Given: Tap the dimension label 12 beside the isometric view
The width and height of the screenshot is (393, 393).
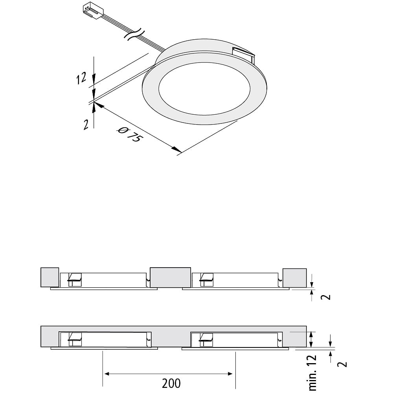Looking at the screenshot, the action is (x=81, y=78).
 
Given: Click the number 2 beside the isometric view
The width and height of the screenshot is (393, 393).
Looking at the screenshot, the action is (x=86, y=125).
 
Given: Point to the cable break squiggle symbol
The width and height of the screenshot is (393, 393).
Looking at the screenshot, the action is (x=134, y=34).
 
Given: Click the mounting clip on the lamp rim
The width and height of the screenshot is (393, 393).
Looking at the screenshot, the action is (x=243, y=55).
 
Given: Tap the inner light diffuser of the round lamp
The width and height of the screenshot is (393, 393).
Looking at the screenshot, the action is (x=204, y=88).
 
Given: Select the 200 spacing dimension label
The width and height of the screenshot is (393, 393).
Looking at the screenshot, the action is (x=171, y=383).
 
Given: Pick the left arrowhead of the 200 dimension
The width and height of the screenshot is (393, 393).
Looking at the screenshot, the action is (x=107, y=374).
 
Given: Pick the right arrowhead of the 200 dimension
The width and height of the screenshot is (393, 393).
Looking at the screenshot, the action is (x=230, y=374).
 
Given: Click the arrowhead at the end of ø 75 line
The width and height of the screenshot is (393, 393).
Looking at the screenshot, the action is (x=176, y=149).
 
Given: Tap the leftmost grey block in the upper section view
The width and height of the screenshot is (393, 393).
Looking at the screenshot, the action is (x=50, y=277).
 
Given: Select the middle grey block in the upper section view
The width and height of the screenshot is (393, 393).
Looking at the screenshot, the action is (x=171, y=277).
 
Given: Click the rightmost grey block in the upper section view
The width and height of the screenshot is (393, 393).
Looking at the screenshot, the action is (x=294, y=278).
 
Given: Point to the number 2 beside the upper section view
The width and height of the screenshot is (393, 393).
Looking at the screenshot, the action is (x=326, y=297).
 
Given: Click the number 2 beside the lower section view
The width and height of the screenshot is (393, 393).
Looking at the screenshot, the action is (x=342, y=364).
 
